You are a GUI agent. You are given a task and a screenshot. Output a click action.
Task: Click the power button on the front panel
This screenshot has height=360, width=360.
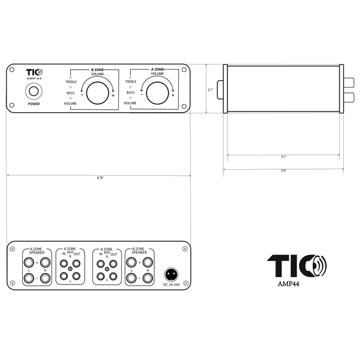(x=34, y=91)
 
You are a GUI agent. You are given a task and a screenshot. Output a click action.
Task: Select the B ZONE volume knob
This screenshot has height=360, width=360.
(x=98, y=93)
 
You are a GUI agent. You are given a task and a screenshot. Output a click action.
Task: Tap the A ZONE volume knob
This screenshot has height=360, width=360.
(x=157, y=93)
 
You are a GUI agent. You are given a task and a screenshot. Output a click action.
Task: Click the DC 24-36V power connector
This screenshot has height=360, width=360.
(x=171, y=274)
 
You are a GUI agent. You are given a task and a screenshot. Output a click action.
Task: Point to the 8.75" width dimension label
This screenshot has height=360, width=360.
(x=100, y=178)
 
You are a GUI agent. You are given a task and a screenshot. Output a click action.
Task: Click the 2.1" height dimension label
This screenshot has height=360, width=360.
(x=211, y=90)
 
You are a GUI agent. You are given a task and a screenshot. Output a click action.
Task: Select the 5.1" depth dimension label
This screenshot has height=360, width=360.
(x=284, y=157)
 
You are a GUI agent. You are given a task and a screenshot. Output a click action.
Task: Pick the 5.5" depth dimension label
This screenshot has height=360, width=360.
(x=284, y=170)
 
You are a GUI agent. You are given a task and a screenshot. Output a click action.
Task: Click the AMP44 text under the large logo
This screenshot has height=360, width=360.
(x=289, y=284)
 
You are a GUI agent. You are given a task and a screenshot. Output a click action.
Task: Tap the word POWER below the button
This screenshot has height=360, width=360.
(x=34, y=104)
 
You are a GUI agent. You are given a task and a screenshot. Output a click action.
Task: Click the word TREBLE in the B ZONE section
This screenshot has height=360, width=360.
(x=71, y=82)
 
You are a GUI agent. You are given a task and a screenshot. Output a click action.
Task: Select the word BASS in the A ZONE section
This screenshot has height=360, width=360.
(x=130, y=92)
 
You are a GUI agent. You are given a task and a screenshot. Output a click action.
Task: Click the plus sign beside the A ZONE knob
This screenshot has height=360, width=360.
(x=173, y=95)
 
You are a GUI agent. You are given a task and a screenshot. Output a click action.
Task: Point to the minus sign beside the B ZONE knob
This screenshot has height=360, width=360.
(x=82, y=95)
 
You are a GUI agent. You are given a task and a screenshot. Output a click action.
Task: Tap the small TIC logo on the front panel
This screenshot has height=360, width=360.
(x=34, y=73)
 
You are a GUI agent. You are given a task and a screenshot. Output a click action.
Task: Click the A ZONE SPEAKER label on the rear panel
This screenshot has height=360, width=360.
(x=37, y=251)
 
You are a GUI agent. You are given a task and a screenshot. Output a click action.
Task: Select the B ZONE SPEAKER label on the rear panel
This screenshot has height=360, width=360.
(x=139, y=251)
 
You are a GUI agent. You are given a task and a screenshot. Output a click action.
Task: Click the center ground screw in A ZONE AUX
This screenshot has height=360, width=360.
(x=70, y=269)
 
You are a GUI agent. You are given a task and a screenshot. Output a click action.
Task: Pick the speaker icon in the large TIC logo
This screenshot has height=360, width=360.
(x=319, y=266)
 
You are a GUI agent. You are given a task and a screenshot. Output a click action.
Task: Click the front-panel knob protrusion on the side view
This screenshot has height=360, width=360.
(x=220, y=90)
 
